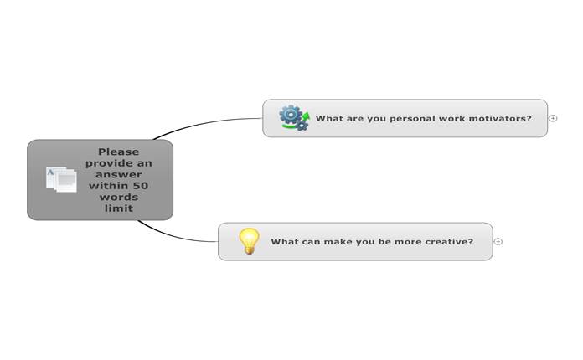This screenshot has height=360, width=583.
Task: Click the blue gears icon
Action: click(x=294, y=118)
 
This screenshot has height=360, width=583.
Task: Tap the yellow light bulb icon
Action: click(x=249, y=241)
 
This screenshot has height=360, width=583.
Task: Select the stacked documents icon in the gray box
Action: click(x=61, y=180)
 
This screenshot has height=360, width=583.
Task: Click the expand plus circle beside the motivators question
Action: click(x=553, y=118)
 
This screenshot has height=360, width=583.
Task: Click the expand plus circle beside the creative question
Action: click(x=498, y=241)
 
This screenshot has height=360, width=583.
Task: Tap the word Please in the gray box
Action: click(x=119, y=152)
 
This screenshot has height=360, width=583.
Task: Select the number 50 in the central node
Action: click(x=141, y=186)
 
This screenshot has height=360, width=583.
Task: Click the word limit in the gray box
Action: click(x=119, y=208)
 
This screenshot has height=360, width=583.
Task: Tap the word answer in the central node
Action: click(x=119, y=175)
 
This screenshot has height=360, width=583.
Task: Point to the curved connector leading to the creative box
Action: click(x=173, y=235)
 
